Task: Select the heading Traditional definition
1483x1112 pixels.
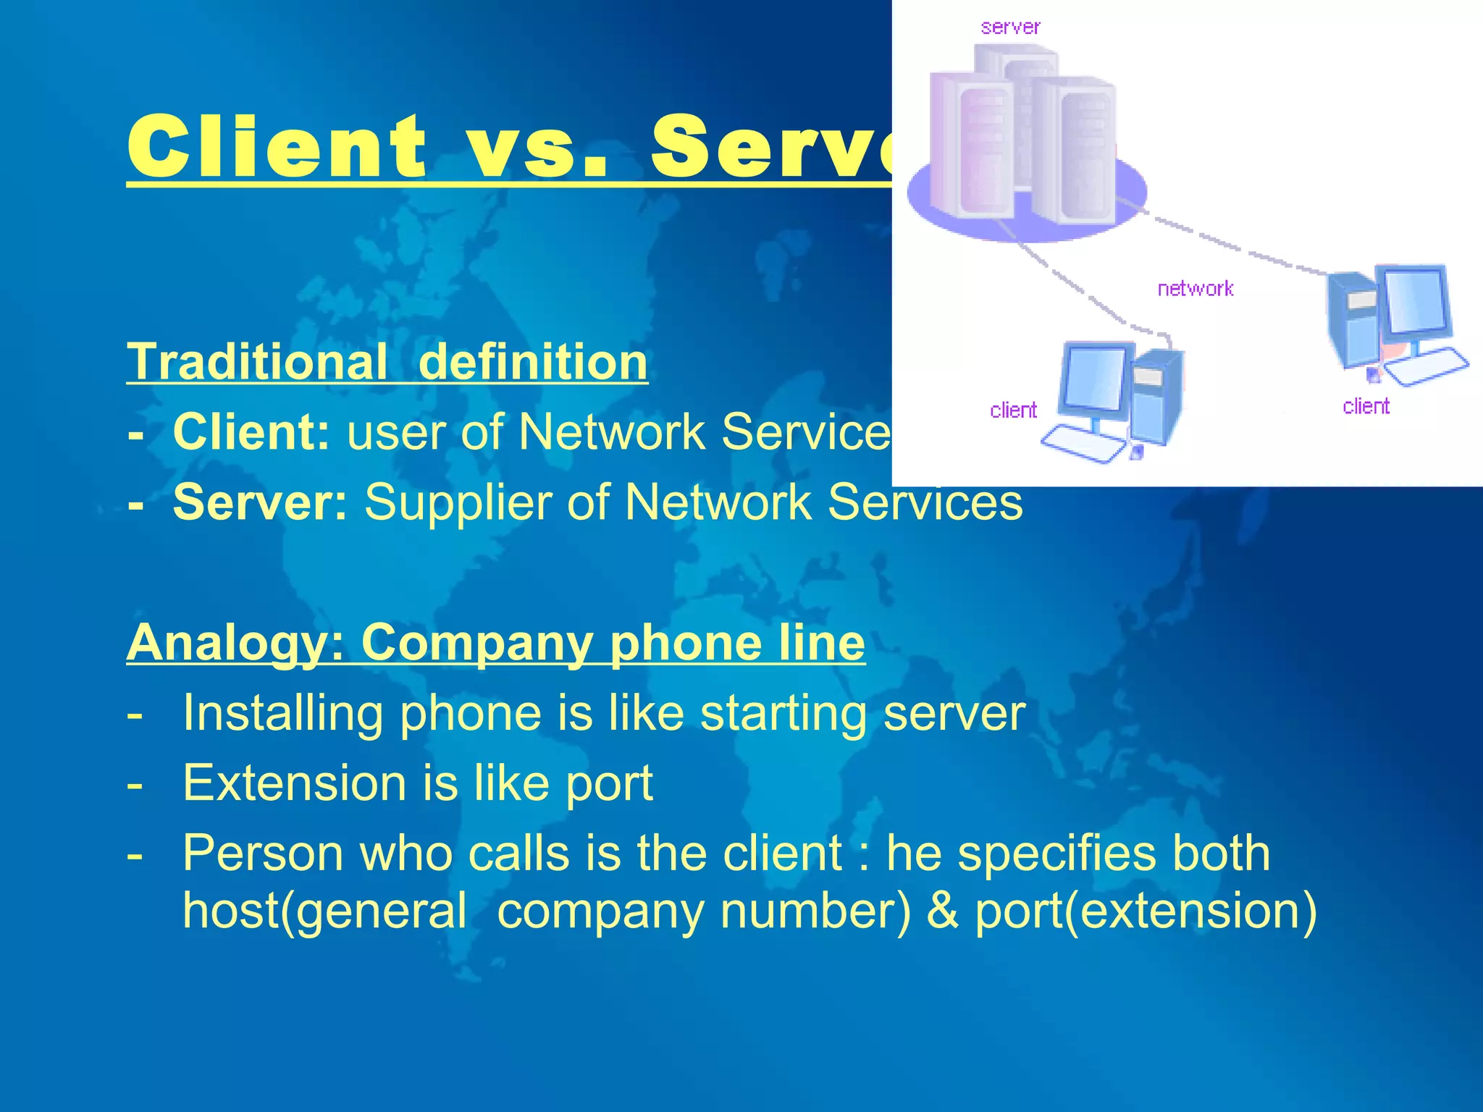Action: (x=387, y=361)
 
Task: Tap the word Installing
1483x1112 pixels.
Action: (x=282, y=713)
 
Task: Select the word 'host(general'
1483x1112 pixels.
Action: (x=324, y=911)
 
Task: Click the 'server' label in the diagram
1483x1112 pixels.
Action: (x=1010, y=28)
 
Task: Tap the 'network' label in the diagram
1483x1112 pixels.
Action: (x=1195, y=289)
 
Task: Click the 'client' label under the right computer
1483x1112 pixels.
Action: (x=1366, y=406)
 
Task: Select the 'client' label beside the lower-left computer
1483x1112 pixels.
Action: (x=1013, y=410)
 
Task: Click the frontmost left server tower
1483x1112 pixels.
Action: (x=970, y=145)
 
